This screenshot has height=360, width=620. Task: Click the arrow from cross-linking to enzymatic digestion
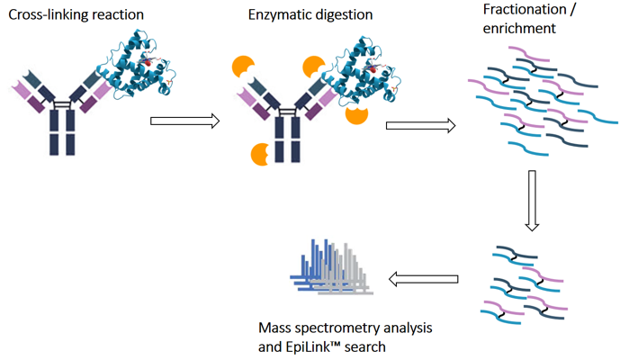pos(184,121)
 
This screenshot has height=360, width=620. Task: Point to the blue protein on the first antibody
pos(139,59)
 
